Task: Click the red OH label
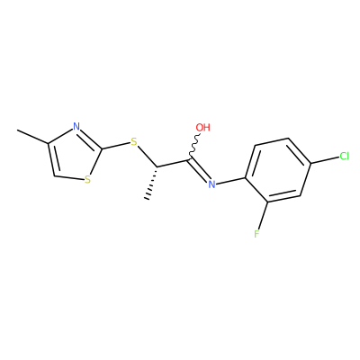pyautogui.click(x=202, y=128)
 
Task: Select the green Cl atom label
pyautogui.click(x=344, y=156)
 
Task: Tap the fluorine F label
pyautogui.click(x=256, y=233)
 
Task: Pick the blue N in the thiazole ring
pyautogui.click(x=76, y=126)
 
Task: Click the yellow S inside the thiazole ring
pyautogui.click(x=87, y=180)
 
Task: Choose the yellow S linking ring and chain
pyautogui.click(x=134, y=141)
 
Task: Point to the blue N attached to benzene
pyautogui.click(x=211, y=184)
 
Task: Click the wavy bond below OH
pyautogui.click(x=194, y=146)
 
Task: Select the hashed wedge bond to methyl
pyautogui.click(x=152, y=183)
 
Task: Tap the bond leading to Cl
pyautogui.click(x=325, y=160)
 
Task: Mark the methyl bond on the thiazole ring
pyautogui.click(x=32, y=137)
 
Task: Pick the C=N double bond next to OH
pyautogui.click(x=198, y=169)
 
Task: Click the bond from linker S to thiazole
pyautogui.click(x=115, y=146)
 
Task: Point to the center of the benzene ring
pyautogui.click(x=278, y=170)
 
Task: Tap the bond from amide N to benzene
pyautogui.click(x=231, y=181)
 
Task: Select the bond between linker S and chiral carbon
pyautogui.click(x=148, y=156)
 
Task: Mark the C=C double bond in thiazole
pyautogui.click(x=52, y=159)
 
